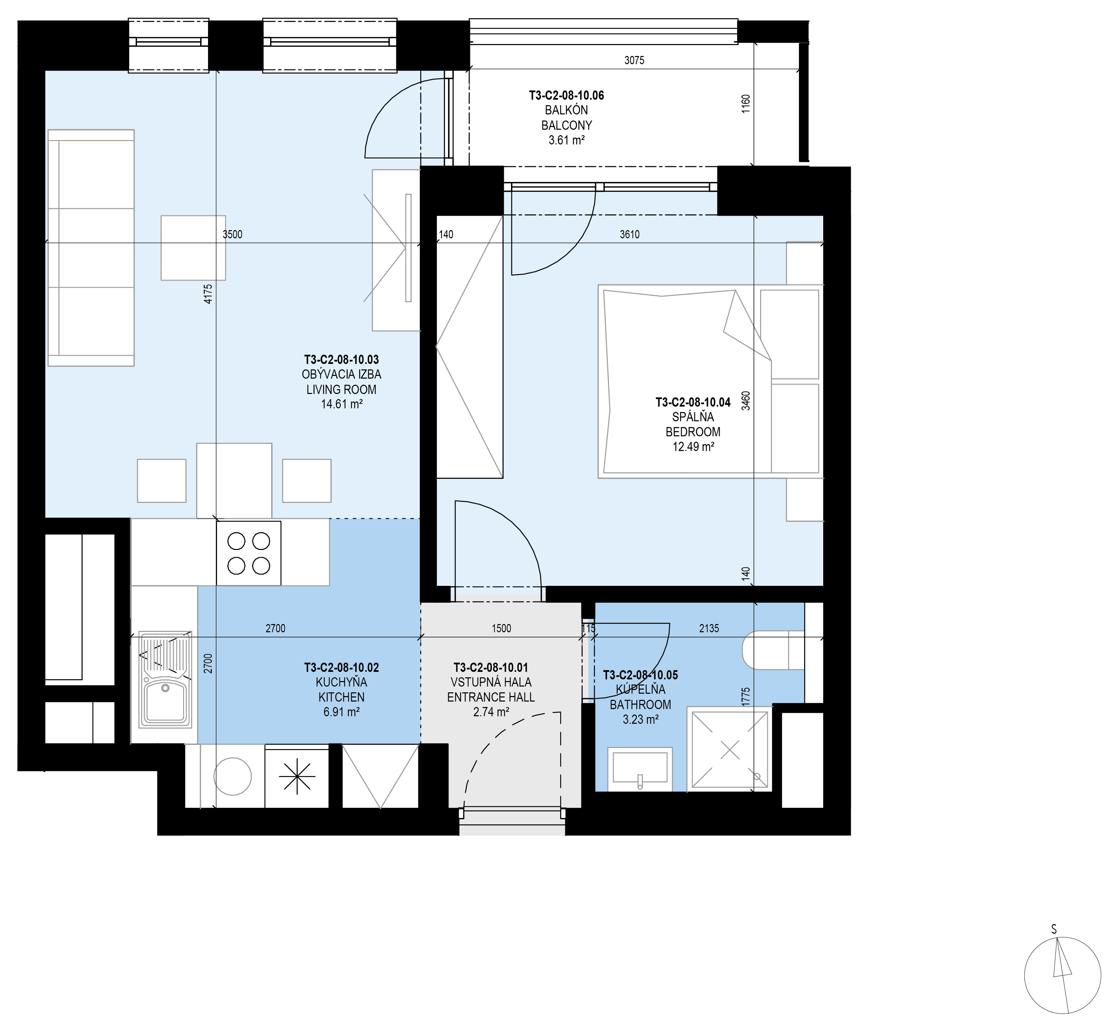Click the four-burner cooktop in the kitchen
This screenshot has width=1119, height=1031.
(248, 553)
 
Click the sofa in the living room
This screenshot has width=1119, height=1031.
(91, 248)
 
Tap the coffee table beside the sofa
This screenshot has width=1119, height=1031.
(193, 248)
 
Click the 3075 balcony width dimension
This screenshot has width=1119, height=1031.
(634, 60)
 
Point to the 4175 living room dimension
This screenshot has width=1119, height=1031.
(208, 294)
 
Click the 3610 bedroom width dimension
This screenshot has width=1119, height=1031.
(630, 234)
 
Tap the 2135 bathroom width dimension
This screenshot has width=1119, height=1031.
(709, 628)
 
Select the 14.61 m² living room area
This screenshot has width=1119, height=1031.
(342, 404)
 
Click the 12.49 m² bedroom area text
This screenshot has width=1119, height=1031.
(693, 446)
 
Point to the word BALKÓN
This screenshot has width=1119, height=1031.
(566, 111)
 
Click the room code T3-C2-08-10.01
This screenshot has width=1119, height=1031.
(491, 667)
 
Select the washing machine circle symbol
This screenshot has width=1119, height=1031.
(233, 776)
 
